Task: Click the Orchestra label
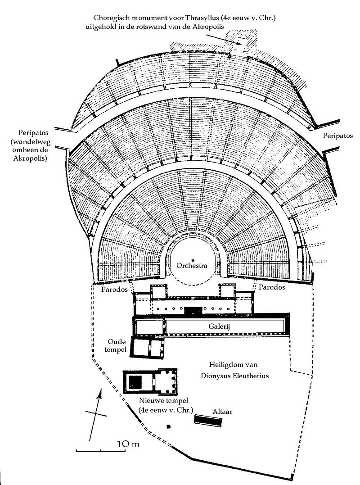[192, 266]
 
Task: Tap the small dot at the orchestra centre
[192, 260]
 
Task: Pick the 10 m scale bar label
[128, 444]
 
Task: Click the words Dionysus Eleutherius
[233, 375]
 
